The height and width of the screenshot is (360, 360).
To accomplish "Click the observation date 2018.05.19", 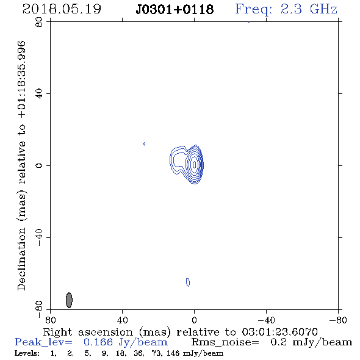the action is (x=62, y=9).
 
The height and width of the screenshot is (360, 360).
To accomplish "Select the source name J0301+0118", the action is (x=175, y=10).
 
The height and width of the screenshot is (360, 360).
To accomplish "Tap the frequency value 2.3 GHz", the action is (x=309, y=9).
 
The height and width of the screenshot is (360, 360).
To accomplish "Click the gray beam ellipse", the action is (x=69, y=300).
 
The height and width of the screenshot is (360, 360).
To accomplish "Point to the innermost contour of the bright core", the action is (x=195, y=165).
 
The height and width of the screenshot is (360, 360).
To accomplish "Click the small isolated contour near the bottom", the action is (x=188, y=282).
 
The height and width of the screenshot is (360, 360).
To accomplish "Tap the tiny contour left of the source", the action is (x=144, y=144).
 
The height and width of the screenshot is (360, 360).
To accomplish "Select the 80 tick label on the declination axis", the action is (x=39, y=22).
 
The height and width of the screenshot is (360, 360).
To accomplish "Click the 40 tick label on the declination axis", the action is (x=39, y=94).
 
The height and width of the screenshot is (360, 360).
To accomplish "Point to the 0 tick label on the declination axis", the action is (x=39, y=165).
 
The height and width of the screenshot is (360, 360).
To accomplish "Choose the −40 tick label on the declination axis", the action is (x=39, y=237).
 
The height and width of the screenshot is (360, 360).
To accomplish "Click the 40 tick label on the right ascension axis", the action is (x=122, y=320).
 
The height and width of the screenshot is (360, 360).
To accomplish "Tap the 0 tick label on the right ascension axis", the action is (x=194, y=320).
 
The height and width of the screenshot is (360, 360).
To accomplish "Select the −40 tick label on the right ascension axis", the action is (x=266, y=320).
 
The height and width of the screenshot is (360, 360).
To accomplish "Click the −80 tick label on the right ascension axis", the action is (x=338, y=320).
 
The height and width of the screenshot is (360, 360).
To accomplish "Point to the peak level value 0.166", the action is (x=98, y=342).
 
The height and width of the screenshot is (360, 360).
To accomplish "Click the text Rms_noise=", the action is (x=225, y=342).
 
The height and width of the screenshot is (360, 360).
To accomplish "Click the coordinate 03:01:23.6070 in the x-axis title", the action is (x=279, y=332).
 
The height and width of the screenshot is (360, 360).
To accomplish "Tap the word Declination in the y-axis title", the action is (x=21, y=259).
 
